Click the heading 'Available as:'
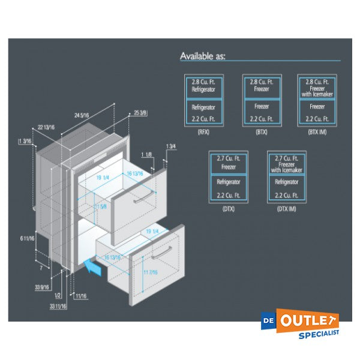[203, 56]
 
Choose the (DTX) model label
[227, 209]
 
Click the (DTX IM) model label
[286, 209]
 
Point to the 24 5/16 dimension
[83, 115]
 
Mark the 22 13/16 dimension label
[46, 127]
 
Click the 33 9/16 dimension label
[41, 287]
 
